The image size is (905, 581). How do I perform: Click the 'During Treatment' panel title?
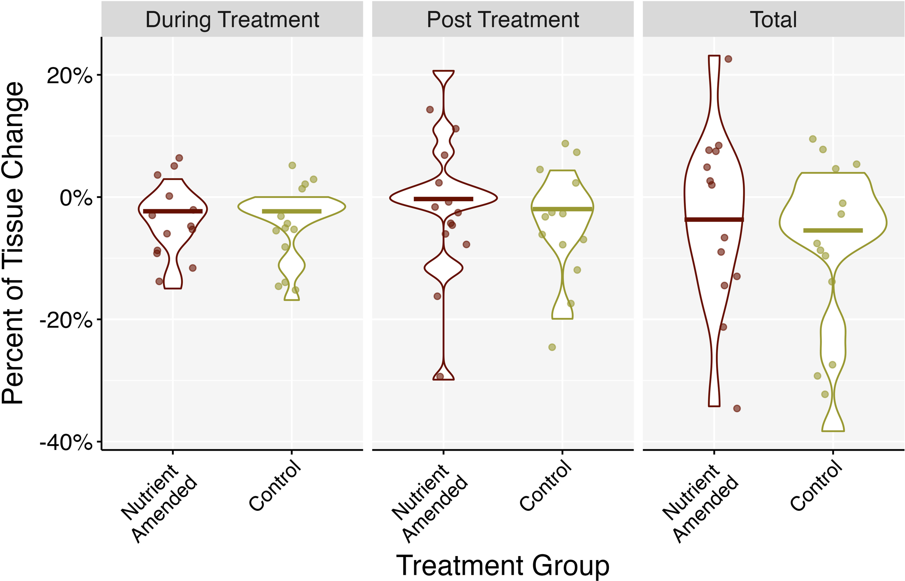click(x=232, y=20)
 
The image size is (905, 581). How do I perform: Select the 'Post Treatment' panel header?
click(x=502, y=20)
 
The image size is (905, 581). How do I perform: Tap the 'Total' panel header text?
click(x=773, y=20)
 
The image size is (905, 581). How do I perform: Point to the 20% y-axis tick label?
click(x=70, y=76)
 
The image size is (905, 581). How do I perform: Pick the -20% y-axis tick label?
click(x=66, y=320)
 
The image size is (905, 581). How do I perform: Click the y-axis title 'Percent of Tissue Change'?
click(x=13, y=243)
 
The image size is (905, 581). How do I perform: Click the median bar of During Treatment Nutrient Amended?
click(x=173, y=211)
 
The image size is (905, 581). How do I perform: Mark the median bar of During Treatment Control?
click(x=292, y=211)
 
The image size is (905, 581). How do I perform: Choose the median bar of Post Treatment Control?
click(x=562, y=209)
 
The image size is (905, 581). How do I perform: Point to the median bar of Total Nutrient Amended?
click(x=714, y=220)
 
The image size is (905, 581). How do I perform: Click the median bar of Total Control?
click(x=833, y=231)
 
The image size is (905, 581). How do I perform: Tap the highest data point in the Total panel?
click(x=728, y=59)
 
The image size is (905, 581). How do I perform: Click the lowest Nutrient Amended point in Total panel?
click(x=737, y=408)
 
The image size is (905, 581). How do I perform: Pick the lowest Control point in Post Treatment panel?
click(x=552, y=347)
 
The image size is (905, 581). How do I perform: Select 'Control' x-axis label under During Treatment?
click(x=275, y=486)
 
